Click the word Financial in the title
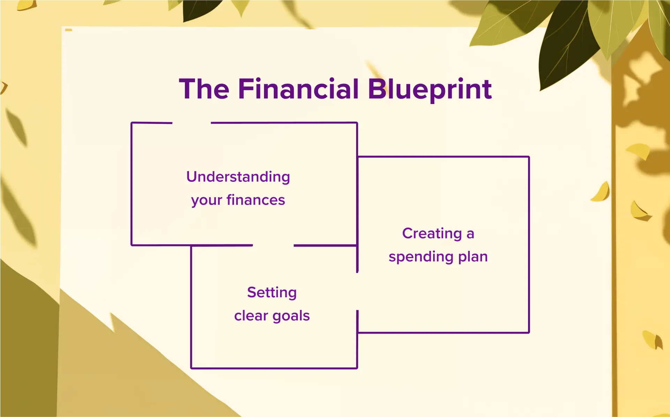coord(298,89)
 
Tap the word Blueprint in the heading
coord(429,89)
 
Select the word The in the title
coord(204,89)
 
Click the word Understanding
coord(238,177)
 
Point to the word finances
coord(256,200)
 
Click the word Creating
coord(432,233)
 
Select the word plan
coord(473,257)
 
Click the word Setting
coord(272,292)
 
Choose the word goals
coord(291,316)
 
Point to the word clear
coord(251,316)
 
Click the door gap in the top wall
coord(191,123)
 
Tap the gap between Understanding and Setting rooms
coord(273,245)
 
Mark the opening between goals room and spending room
coord(357,291)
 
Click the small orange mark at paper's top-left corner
coord(69,30)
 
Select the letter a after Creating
coord(470,234)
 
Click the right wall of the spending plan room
coord(529,244)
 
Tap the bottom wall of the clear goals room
coord(274,368)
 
